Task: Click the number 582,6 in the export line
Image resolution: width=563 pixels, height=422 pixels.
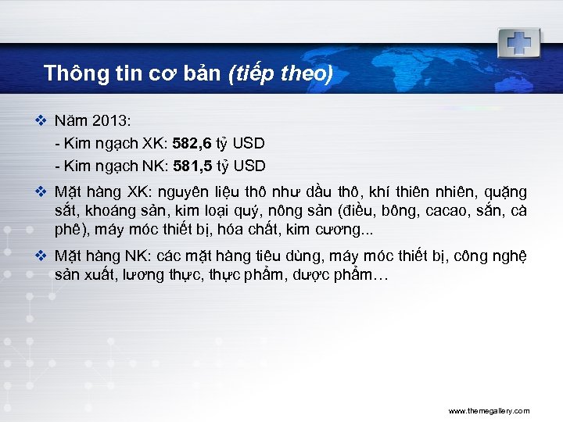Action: pyautogui.click(x=187, y=144)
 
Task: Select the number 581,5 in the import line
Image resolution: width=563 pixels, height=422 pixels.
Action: pyautogui.click(x=188, y=166)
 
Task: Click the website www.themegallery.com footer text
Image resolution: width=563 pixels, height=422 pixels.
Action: pyautogui.click(x=489, y=410)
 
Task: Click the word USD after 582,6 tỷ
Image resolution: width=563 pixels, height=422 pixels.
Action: pyautogui.click(x=249, y=144)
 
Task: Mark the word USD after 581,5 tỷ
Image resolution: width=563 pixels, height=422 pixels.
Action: pyautogui.click(x=249, y=166)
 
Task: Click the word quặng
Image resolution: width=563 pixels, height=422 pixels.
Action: pyautogui.click(x=507, y=192)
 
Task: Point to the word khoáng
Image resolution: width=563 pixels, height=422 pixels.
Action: pyautogui.click(x=109, y=211)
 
